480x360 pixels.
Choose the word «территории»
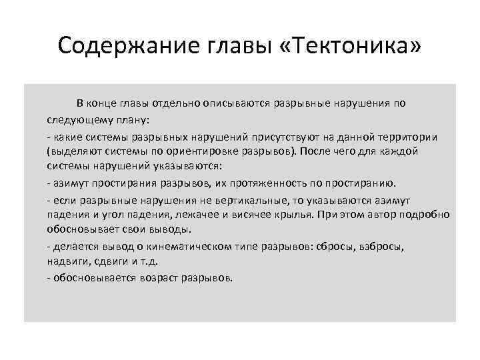pos(409,137)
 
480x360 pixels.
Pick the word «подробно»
pos(426,215)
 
